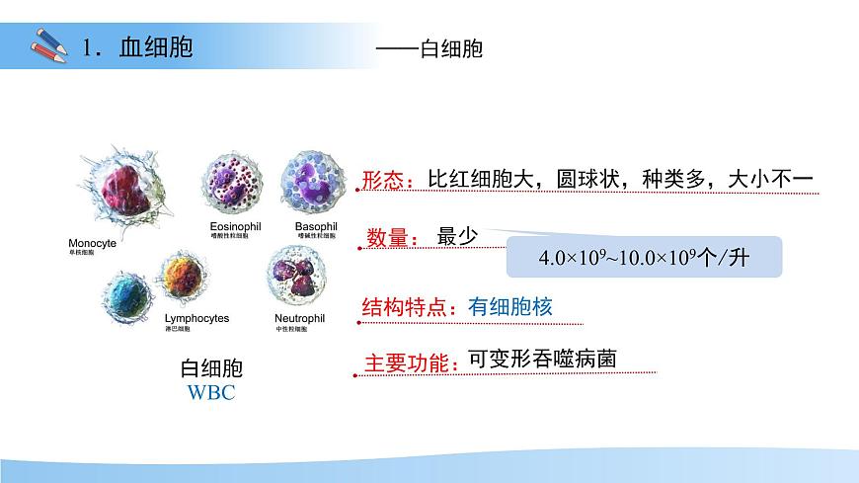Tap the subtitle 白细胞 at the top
point(450,47)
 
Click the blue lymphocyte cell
point(128,294)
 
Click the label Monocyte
point(93,242)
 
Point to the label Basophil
point(316,226)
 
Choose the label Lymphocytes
point(195,319)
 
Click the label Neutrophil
point(299,319)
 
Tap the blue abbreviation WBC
point(211,393)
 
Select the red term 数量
point(388,238)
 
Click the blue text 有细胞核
point(510,306)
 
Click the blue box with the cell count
point(645,258)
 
